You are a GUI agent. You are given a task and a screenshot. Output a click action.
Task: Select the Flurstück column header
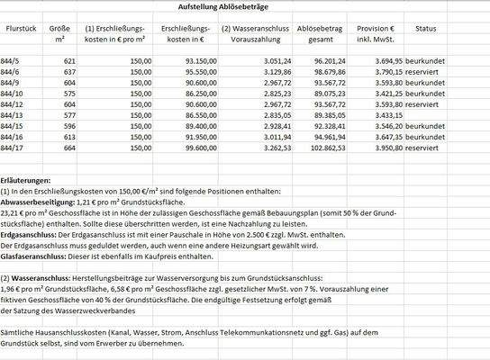click(21, 30)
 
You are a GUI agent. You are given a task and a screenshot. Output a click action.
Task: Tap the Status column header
click(425, 30)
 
